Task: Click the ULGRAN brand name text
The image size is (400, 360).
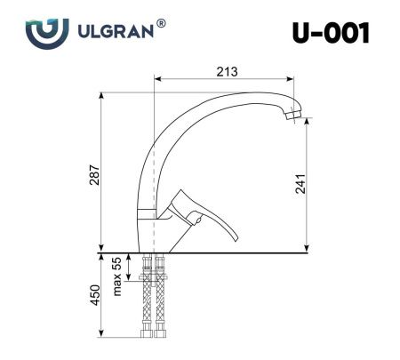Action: coord(113,31)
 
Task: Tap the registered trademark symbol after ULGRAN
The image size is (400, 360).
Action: coord(161,24)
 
